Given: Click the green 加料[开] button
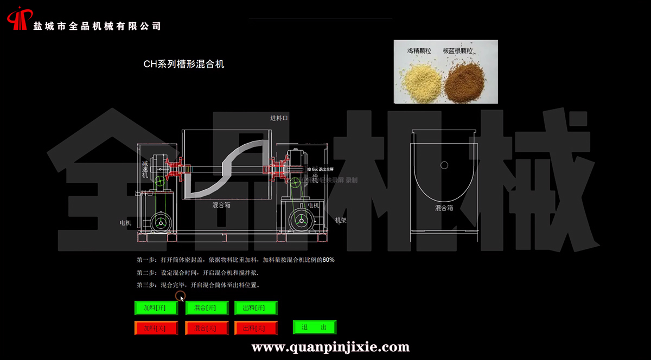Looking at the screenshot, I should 156,308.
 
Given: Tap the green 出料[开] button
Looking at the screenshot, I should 256,308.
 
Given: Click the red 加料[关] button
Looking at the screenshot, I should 156,328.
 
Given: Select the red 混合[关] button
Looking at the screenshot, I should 206,328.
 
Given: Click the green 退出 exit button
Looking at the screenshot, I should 315,327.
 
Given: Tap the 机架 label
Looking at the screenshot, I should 341,220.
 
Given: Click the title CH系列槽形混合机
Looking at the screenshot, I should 183,64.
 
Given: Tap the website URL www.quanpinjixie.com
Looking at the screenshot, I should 330,346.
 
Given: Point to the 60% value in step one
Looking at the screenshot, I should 328,260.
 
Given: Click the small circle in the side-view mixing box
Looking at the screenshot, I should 444,165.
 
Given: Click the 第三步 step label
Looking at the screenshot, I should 146,285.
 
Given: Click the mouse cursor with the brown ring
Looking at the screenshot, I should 181,296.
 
